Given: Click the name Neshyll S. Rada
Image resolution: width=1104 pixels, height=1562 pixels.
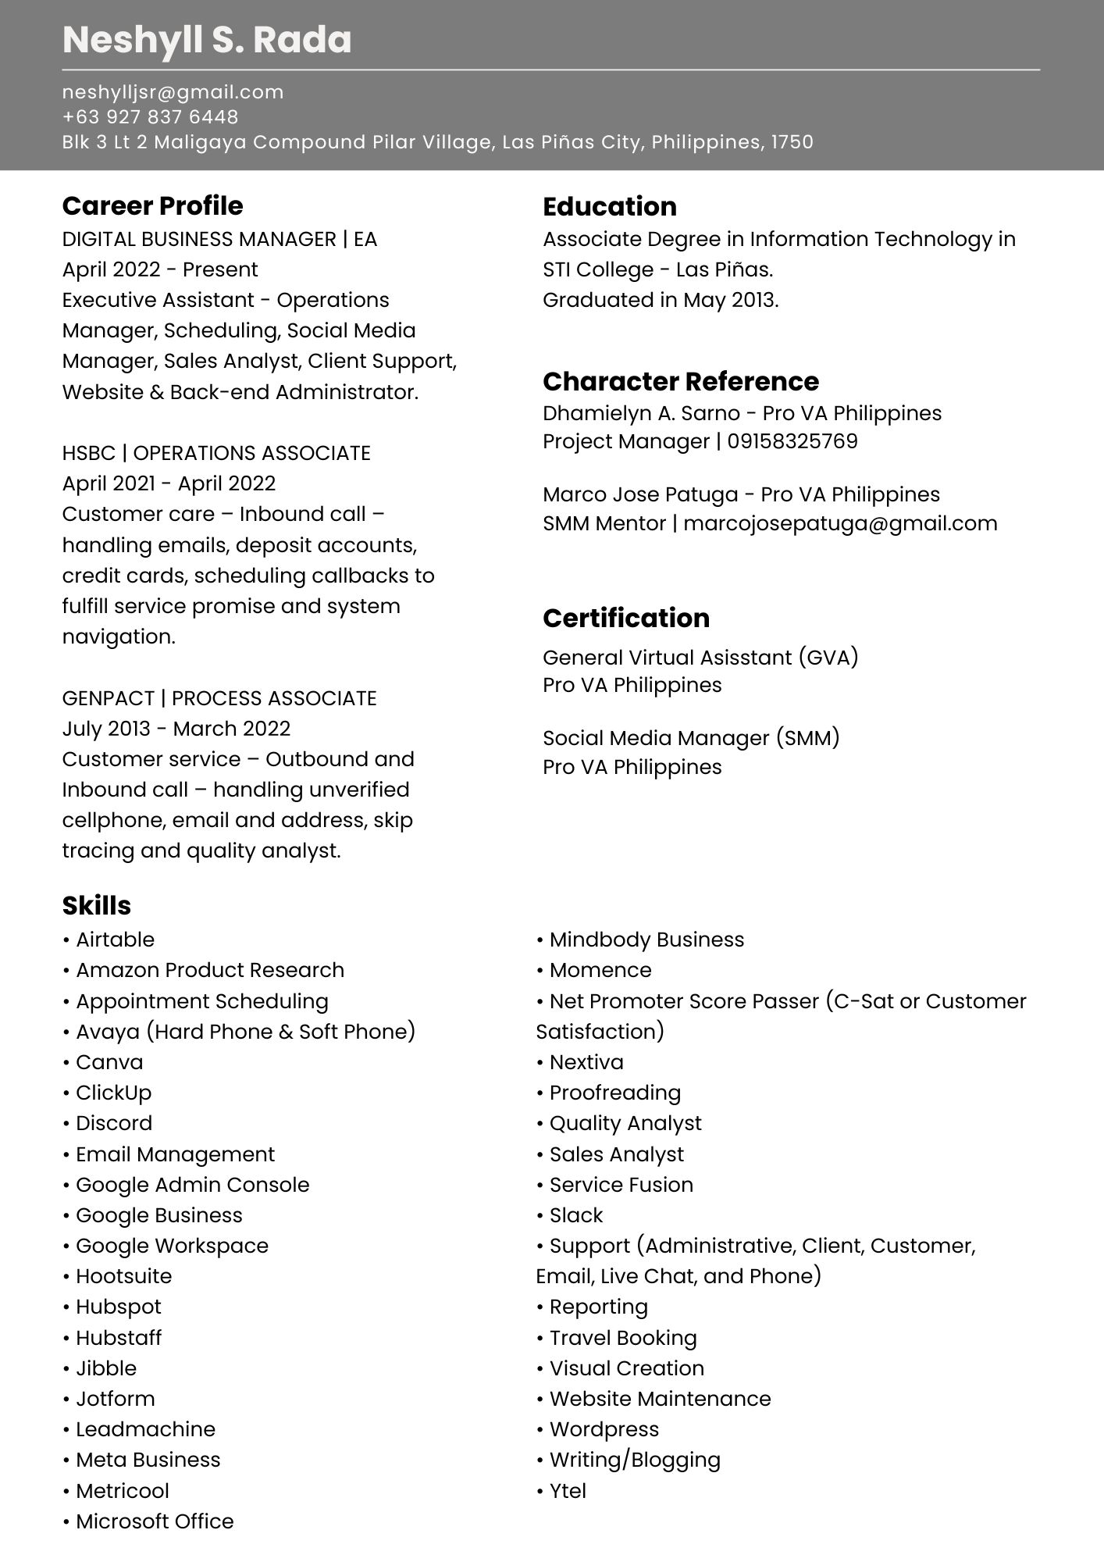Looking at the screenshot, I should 207,40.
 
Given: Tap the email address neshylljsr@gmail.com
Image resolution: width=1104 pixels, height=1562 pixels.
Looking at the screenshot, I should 173,92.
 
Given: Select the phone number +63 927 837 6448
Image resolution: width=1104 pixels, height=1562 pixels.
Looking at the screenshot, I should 150,117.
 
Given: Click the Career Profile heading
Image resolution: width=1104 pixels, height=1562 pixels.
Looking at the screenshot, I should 152,206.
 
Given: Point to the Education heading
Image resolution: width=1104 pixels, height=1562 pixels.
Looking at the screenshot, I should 609,207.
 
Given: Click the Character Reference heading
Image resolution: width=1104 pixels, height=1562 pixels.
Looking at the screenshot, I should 680,381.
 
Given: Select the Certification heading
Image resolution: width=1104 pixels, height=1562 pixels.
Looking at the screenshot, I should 625,618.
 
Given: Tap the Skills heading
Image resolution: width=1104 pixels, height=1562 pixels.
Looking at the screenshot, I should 96,906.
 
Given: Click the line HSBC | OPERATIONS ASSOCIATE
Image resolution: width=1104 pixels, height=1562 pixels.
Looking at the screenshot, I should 216,453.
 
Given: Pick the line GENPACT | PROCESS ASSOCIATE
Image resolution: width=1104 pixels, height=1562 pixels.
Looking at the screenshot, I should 219,698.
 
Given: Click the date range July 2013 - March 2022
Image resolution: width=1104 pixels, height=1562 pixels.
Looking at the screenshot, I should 176,729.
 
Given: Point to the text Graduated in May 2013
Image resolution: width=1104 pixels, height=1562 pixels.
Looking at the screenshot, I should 661,300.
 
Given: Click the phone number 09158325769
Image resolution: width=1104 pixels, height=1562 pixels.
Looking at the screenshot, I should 792,441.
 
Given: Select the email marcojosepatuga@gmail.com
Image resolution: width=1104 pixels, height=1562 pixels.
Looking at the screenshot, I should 840,523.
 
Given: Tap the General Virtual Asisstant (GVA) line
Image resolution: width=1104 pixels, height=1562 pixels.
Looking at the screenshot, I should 700,658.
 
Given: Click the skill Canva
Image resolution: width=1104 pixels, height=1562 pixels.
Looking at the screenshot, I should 109,1062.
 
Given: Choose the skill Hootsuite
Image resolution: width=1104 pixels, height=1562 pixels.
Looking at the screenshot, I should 123,1276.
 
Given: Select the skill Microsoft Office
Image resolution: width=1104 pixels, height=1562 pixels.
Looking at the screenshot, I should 155,1521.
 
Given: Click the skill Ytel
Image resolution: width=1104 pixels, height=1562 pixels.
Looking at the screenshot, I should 567,1491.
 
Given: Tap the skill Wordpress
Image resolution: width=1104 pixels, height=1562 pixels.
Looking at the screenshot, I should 604,1429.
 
